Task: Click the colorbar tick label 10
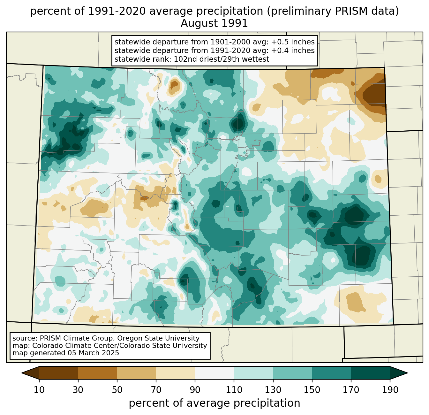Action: [x=39, y=390]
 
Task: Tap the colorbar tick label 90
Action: [x=195, y=390]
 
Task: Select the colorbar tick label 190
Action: [x=390, y=390]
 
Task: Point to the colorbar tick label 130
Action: [x=273, y=390]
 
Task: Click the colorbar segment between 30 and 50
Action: [x=97, y=373]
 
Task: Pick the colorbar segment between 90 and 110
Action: [x=214, y=373]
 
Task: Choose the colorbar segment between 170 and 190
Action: [x=370, y=373]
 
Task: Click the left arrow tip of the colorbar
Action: [x=22, y=373]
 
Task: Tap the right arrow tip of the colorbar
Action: [x=407, y=373]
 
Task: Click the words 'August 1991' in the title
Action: [x=214, y=23]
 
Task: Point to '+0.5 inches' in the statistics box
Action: [x=293, y=42]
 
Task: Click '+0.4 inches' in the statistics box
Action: [x=293, y=50]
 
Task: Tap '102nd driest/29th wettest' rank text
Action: [x=221, y=59]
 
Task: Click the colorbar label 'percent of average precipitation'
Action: [x=214, y=403]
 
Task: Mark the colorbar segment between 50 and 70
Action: [x=137, y=373]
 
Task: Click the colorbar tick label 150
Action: [x=312, y=390]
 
